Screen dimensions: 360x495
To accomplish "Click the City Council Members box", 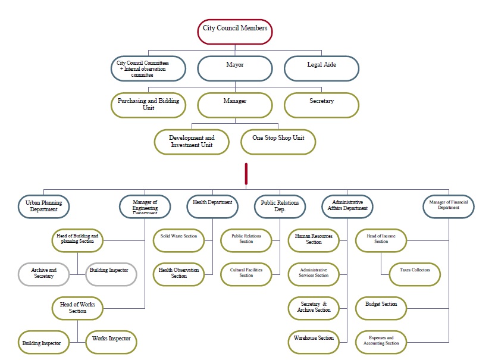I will pos(234,32).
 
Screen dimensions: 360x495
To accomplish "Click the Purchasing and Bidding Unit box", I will pos(148,105).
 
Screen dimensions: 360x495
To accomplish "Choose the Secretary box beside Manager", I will pos(321,105).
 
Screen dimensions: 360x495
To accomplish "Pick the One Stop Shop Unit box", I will pos(278,142).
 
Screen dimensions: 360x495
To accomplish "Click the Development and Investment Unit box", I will pos(192,142).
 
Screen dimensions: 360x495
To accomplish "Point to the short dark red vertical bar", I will pos(246,173).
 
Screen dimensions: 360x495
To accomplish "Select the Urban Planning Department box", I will pos(43,206).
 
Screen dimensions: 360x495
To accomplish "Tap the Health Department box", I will pos(212,205).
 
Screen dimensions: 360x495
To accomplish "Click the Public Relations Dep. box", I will pos(280,206).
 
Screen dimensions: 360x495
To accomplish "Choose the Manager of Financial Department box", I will pos(449,205).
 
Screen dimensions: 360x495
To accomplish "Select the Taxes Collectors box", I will pos(415,273).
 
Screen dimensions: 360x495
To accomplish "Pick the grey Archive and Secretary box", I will pos(43,273).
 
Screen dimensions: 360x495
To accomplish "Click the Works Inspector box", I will pos(111,341).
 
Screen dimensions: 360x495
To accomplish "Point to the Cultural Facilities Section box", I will pos(246,273).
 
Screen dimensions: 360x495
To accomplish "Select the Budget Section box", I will pos(381,307).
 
